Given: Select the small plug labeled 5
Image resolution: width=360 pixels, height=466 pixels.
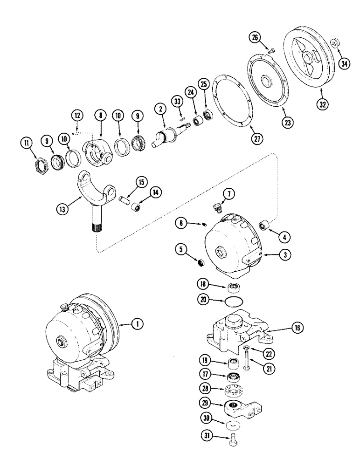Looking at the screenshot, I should (x=201, y=264).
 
